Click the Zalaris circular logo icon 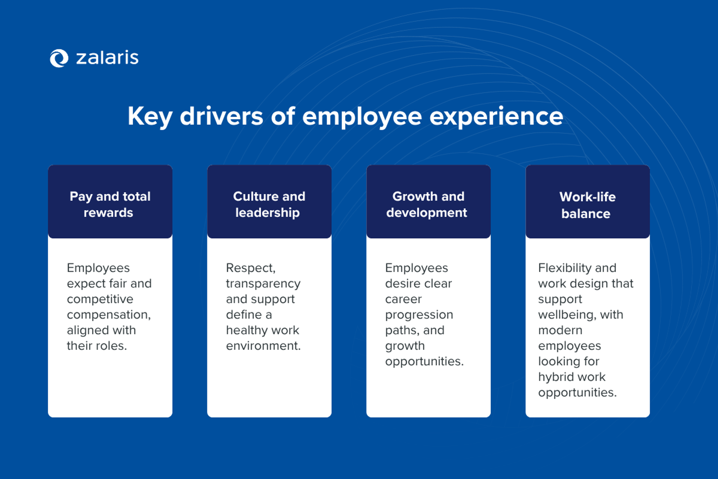point(59,58)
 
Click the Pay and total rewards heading point(110,204)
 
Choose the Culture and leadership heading point(269,204)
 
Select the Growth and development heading point(428,204)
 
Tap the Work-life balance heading point(587,205)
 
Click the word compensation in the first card point(108,315)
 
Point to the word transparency point(263,283)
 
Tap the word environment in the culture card point(263,346)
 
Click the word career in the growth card point(403,299)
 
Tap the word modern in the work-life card point(560,330)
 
